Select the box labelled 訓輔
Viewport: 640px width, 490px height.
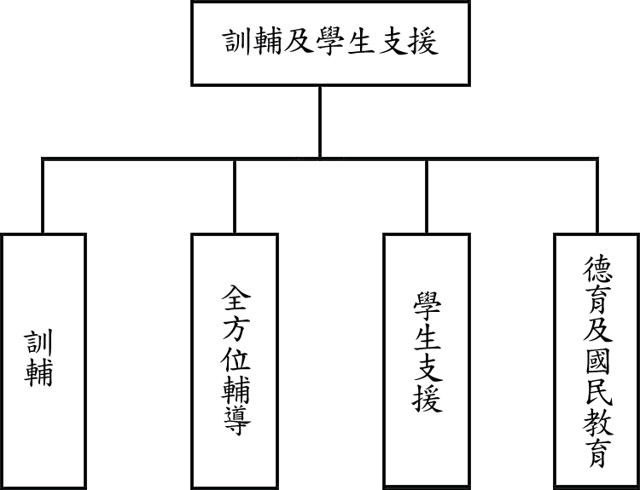point(44,359)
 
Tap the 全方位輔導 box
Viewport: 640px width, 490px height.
point(235,359)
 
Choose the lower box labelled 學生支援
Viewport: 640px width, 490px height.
point(426,359)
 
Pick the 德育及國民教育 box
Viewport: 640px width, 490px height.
point(596,359)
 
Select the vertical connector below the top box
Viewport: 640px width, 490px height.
point(320,122)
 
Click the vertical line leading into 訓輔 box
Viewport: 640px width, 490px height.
point(44,196)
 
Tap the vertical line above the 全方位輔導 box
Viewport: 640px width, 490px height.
point(235,196)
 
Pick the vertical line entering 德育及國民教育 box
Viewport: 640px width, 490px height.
point(596,196)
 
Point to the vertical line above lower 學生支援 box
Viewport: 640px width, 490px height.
point(426,196)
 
